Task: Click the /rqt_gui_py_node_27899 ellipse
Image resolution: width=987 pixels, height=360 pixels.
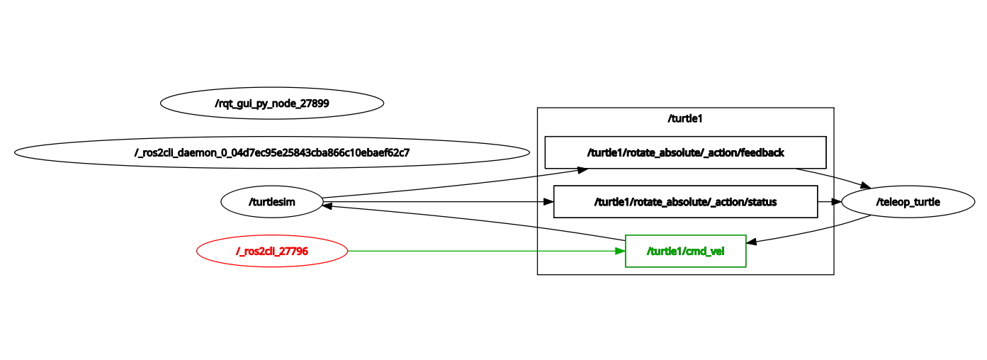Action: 272,103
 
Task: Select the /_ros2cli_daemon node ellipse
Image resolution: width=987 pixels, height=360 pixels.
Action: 272,152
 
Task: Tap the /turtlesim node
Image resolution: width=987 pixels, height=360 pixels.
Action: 272,202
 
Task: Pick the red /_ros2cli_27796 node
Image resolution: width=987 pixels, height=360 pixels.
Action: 272,251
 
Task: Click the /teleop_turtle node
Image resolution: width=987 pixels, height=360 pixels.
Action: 908,202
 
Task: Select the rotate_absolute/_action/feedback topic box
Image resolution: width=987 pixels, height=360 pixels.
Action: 685,152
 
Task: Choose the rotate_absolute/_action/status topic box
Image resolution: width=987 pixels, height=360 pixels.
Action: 685,202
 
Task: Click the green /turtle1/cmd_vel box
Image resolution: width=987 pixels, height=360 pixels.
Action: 685,251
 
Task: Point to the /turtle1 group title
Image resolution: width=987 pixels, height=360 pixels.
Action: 685,118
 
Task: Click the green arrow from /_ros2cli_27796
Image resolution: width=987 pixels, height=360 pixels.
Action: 482,251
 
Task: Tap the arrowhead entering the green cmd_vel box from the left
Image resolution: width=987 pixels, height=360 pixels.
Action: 620,251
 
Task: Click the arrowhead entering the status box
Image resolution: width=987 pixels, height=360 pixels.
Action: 548,202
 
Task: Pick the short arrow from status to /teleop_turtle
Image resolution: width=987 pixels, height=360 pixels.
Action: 830,202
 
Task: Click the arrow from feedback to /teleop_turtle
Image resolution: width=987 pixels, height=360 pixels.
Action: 833,176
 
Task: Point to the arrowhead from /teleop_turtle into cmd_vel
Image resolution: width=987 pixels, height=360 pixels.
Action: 752,242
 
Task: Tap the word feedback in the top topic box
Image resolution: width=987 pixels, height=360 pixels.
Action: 761,152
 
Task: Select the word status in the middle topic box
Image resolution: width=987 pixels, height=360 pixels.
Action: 762,202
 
